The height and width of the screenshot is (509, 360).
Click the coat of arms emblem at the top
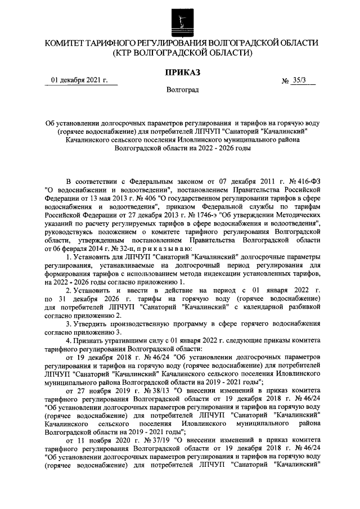181,19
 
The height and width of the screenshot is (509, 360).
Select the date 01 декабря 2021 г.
79,80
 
